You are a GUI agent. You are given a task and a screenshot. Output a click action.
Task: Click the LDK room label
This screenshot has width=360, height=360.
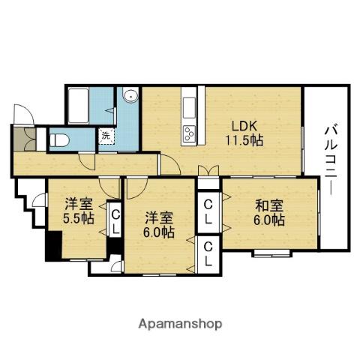(244, 126)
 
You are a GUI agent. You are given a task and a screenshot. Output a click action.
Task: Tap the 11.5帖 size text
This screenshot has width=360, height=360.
(244, 140)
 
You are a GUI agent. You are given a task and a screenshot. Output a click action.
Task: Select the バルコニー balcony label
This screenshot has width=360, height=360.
(331, 160)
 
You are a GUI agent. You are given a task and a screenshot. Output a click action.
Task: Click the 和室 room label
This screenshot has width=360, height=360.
(269, 205)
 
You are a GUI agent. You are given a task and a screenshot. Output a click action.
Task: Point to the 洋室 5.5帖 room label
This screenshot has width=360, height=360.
(79, 211)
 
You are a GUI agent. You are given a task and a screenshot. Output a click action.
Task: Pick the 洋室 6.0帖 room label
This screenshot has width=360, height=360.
(159, 225)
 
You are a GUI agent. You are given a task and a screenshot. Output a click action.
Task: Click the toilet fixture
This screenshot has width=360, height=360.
(59, 140)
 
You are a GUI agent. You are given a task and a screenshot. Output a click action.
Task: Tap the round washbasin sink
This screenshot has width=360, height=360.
(130, 95)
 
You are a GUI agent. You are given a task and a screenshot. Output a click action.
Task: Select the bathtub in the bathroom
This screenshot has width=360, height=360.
(79, 106)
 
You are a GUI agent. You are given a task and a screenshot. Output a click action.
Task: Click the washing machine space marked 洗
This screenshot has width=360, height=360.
(106, 136)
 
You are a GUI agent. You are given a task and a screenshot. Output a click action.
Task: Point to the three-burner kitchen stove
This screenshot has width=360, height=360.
(189, 133)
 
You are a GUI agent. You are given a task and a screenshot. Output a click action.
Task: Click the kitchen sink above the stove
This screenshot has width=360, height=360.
(189, 108)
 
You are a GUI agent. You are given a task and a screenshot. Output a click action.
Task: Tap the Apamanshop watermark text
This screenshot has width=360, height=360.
(180, 324)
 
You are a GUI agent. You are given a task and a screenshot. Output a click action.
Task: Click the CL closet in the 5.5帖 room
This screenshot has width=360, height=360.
(115, 220)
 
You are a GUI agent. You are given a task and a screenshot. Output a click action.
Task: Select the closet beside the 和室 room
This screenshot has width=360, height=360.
(208, 212)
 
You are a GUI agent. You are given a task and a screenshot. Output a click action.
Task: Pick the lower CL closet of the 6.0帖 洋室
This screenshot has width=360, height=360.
(208, 254)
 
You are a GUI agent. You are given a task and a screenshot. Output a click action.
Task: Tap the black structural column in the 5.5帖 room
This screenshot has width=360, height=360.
(54, 245)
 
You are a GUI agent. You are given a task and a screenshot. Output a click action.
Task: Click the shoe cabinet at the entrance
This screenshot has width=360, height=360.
(25, 139)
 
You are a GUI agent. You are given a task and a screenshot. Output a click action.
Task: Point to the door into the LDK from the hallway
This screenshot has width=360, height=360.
(170, 164)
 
